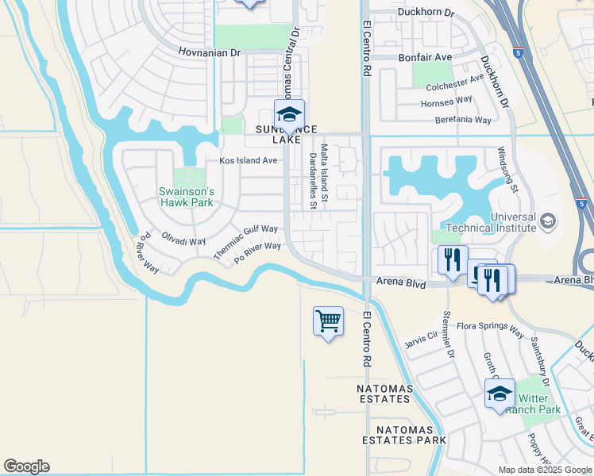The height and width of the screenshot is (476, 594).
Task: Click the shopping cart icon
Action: pyautogui.click(x=328, y=321)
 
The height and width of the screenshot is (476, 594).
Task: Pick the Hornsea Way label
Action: pyautogui.click(x=446, y=102)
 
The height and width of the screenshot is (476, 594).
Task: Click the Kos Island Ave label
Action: pyautogui.click(x=248, y=160)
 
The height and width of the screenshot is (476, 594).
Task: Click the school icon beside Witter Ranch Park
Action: pyautogui.click(x=499, y=393)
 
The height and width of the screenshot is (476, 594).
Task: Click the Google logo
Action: pyautogui.click(x=26, y=466)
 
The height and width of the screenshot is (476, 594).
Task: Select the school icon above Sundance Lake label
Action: pyautogui.click(x=290, y=114)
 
